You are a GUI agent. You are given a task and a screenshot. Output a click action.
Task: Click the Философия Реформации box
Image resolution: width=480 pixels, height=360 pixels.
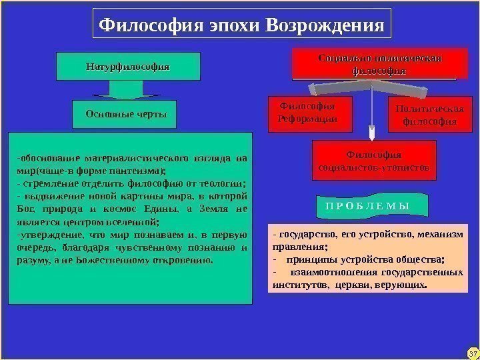(x=306, y=112)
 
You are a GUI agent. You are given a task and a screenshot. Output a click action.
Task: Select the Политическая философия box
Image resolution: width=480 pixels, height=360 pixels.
(x=425, y=115)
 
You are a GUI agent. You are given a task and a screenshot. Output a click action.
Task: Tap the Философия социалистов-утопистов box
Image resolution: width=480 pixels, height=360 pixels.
(x=374, y=161)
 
